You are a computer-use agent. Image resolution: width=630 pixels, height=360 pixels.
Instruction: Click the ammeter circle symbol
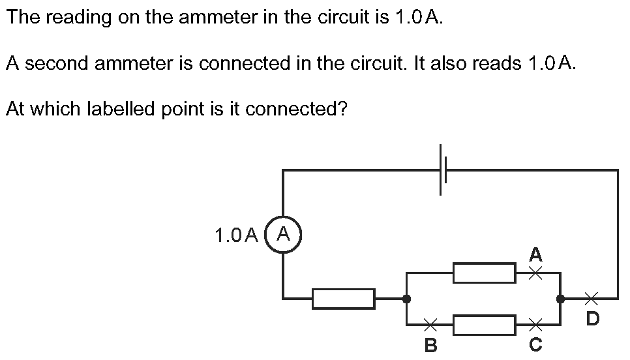[283, 217]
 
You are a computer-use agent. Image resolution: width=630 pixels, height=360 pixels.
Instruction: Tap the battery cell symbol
[443, 170]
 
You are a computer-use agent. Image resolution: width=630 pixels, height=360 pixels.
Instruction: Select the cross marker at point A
[535, 273]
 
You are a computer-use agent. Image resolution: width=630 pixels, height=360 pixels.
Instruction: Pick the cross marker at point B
[430, 324]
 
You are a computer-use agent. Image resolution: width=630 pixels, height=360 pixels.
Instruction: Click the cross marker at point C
[535, 324]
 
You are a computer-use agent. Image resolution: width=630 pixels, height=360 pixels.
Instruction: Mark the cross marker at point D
[591, 299]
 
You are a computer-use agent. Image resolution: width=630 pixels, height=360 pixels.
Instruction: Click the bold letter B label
[430, 345]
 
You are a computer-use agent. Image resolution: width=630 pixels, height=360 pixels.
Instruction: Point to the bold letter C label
[535, 344]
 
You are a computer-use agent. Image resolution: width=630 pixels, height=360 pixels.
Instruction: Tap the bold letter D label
[593, 318]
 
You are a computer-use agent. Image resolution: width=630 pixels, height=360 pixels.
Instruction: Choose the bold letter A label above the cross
[535, 254]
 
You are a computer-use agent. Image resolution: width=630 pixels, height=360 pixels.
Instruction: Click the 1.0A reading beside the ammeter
[236, 235]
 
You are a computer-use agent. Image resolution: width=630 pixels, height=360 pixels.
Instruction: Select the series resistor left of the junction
[344, 299]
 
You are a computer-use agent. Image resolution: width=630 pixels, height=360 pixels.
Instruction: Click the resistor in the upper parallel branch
[484, 273]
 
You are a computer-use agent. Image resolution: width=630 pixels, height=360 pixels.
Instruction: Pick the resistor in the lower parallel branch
[484, 325]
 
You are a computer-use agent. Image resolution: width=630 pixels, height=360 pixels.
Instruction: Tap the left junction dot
[406, 299]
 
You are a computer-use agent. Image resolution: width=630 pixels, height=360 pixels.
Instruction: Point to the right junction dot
[560, 299]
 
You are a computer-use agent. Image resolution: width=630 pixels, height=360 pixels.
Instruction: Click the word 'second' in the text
[57, 63]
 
